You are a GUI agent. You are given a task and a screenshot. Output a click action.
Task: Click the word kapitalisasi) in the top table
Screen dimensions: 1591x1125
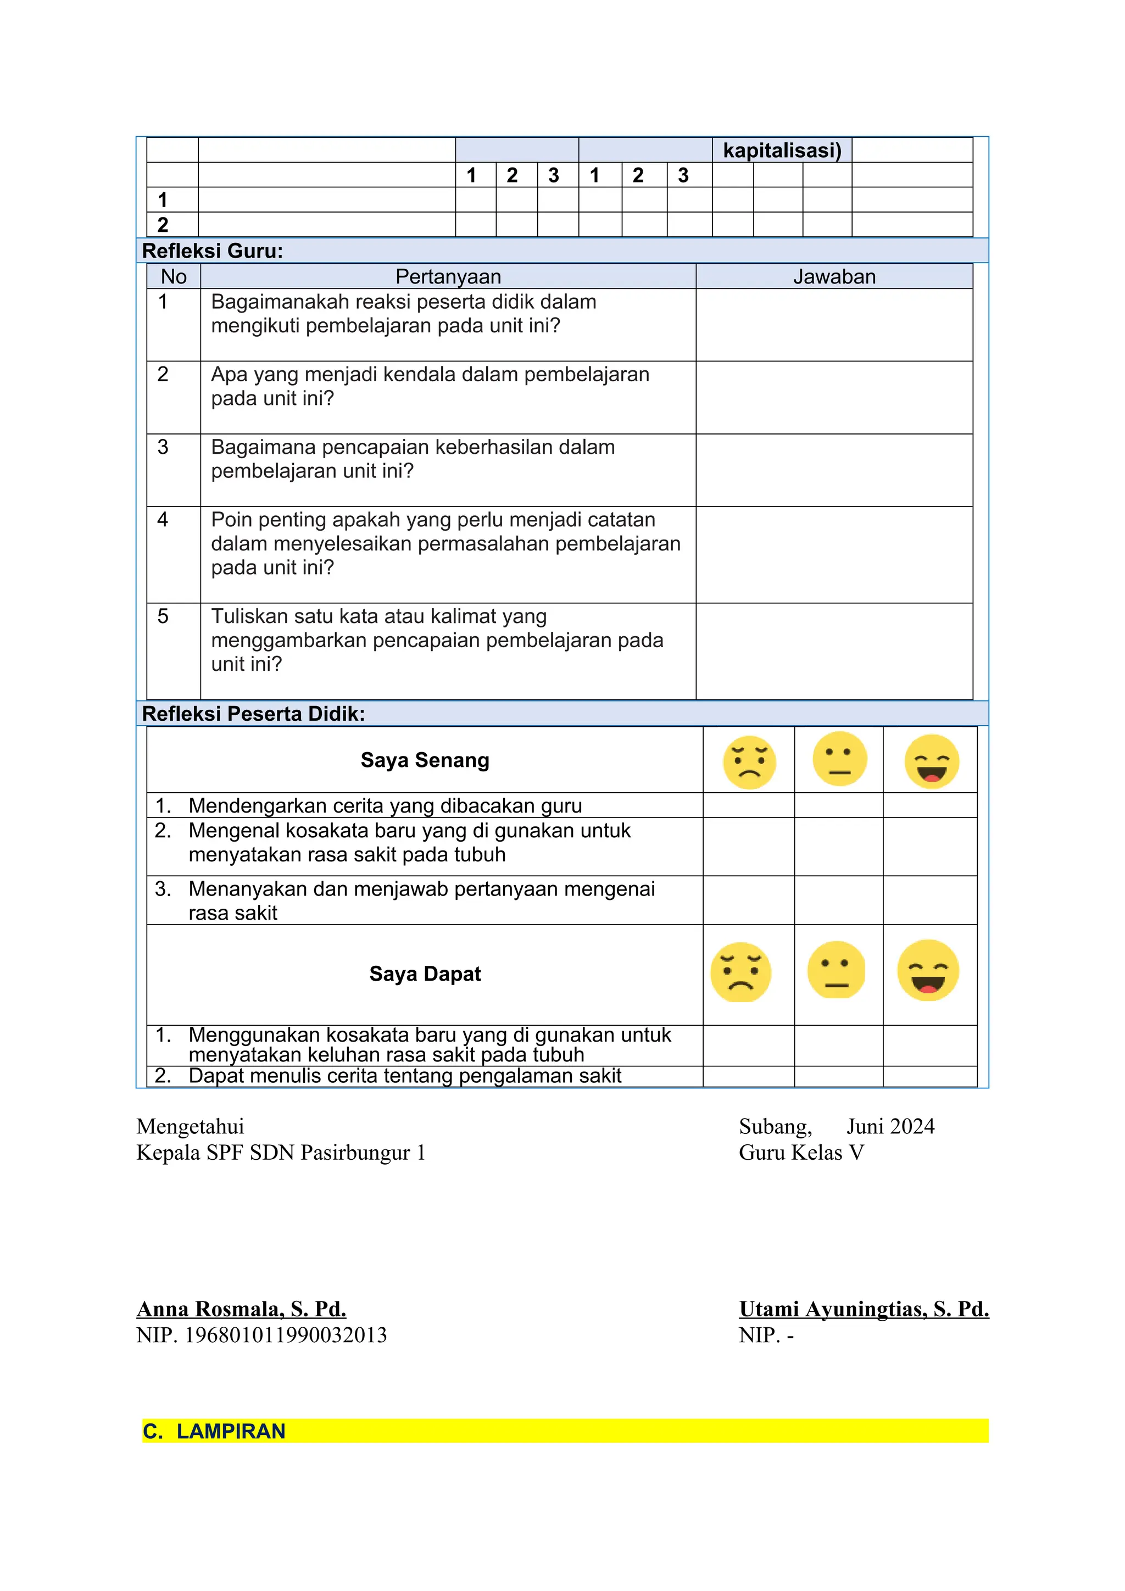click(782, 151)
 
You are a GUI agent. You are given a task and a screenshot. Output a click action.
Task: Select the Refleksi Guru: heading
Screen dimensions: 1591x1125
click(212, 251)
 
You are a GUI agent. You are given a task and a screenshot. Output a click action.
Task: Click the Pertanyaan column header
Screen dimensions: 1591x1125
click(448, 276)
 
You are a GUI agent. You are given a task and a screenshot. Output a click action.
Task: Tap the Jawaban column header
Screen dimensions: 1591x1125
click(834, 276)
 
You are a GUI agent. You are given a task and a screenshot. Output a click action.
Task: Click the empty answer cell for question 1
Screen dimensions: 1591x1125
click(834, 324)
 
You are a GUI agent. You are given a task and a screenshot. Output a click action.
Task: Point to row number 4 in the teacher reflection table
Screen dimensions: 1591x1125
click(163, 520)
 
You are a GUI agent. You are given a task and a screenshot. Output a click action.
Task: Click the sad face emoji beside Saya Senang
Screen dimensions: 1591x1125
click(749, 761)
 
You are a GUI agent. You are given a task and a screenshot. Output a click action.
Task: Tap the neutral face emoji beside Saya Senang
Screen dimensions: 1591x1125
click(839, 759)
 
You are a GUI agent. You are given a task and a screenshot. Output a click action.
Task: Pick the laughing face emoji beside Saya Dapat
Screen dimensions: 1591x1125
click(928, 970)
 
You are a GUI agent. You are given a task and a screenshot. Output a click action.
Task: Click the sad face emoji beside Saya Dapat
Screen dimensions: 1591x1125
click(740, 971)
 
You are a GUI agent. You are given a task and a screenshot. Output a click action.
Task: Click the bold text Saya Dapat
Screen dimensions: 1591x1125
click(425, 973)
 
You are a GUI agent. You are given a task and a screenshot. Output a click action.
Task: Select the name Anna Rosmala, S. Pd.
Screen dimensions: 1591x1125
click(241, 1309)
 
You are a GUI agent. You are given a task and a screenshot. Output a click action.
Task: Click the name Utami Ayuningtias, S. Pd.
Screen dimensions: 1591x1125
click(863, 1309)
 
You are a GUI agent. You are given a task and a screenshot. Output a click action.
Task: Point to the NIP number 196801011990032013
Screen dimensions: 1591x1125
click(286, 1336)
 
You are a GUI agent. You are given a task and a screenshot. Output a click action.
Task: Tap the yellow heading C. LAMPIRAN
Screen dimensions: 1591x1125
click(214, 1431)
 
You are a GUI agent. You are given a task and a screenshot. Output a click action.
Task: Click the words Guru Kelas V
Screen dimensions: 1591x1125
click(801, 1153)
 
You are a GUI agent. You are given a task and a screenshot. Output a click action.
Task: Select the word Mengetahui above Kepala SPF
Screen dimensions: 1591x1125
click(190, 1127)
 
